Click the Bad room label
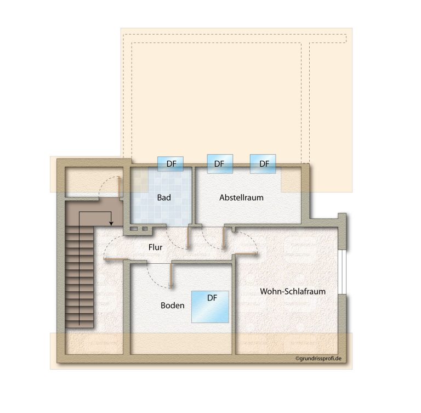pyautogui.click(x=164, y=197)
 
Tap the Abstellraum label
pyautogui.click(x=241, y=197)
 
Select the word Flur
pyautogui.click(x=156, y=247)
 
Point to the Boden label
pyautogui.click(x=172, y=305)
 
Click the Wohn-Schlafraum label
pyautogui.click(x=293, y=291)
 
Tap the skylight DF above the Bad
pyautogui.click(x=170, y=163)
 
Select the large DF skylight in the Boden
pyautogui.click(x=210, y=307)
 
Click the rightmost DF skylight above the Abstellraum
pyautogui.click(x=263, y=163)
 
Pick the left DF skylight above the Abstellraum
pyautogui.click(x=220, y=163)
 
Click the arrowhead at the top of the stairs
pyautogui.click(x=111, y=223)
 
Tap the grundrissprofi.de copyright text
pyautogui.click(x=318, y=358)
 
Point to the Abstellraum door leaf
pyautogui.click(x=223, y=237)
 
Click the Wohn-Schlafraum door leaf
pyautogui.click(x=246, y=253)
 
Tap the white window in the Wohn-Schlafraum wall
pyautogui.click(x=342, y=272)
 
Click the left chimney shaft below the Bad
pyautogui.click(x=134, y=229)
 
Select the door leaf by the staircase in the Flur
pyautogui.click(x=116, y=258)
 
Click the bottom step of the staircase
pyautogui.click(x=79, y=324)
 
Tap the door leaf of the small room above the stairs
pyautogui.click(x=119, y=187)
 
